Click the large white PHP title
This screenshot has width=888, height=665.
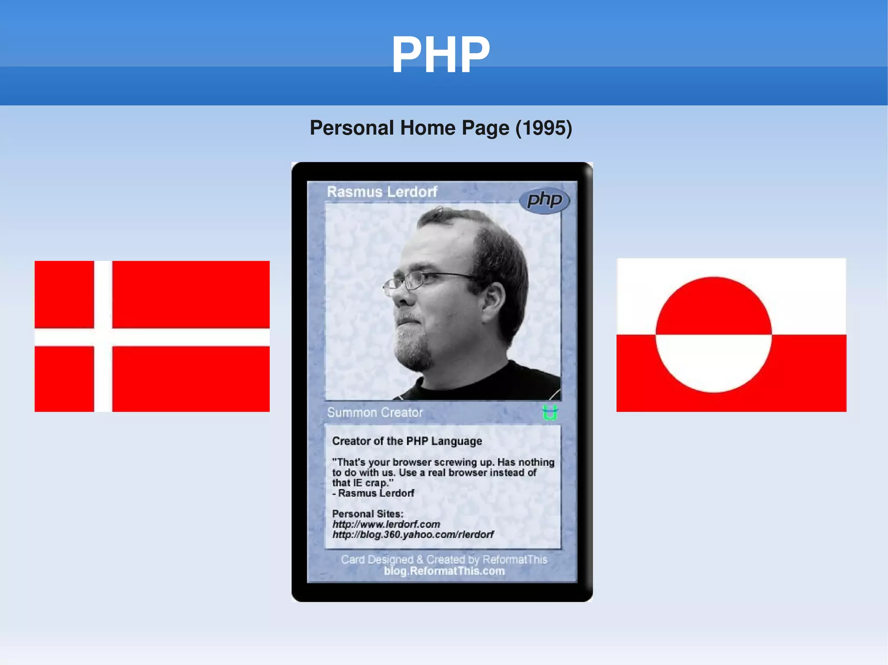coord(441,55)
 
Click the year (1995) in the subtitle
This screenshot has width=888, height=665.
coord(544,128)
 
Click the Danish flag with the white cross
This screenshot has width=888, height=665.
coord(152,336)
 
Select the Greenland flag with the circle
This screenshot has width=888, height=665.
coord(731,335)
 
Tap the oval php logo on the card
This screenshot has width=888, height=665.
coord(545,200)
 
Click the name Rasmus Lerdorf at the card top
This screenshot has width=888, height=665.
coord(382,192)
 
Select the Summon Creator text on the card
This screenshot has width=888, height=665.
coord(375,412)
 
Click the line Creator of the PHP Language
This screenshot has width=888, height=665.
coord(407,441)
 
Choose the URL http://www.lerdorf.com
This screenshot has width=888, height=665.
coord(386,524)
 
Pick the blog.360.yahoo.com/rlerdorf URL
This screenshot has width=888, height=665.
coord(413,535)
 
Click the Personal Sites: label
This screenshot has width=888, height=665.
coord(367,514)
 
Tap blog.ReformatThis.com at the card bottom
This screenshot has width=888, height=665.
coord(444,571)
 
